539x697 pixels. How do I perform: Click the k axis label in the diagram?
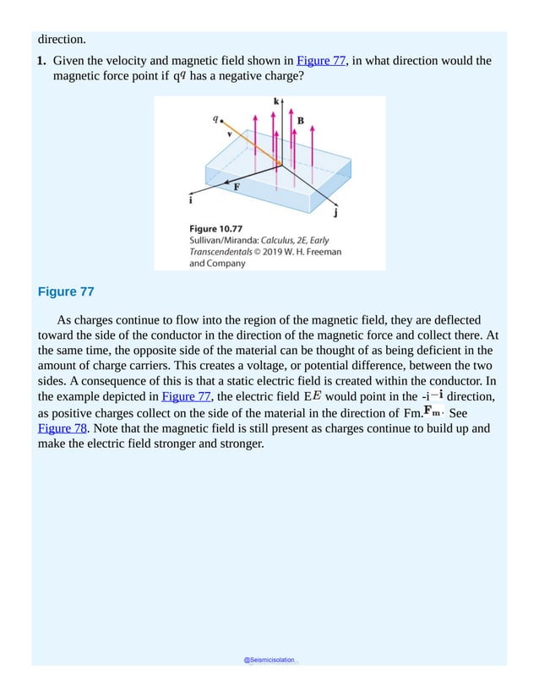276,101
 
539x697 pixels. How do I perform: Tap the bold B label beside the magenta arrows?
300,121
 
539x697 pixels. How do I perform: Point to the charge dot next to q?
221,122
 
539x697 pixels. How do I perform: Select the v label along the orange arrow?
229,133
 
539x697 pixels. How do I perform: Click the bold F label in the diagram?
237,188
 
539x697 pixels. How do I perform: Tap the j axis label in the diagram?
336,213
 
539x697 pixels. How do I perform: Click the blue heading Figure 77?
66,292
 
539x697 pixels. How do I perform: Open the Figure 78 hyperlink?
60,427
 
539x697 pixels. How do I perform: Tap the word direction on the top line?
62,39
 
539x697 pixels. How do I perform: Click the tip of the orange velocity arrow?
280,165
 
